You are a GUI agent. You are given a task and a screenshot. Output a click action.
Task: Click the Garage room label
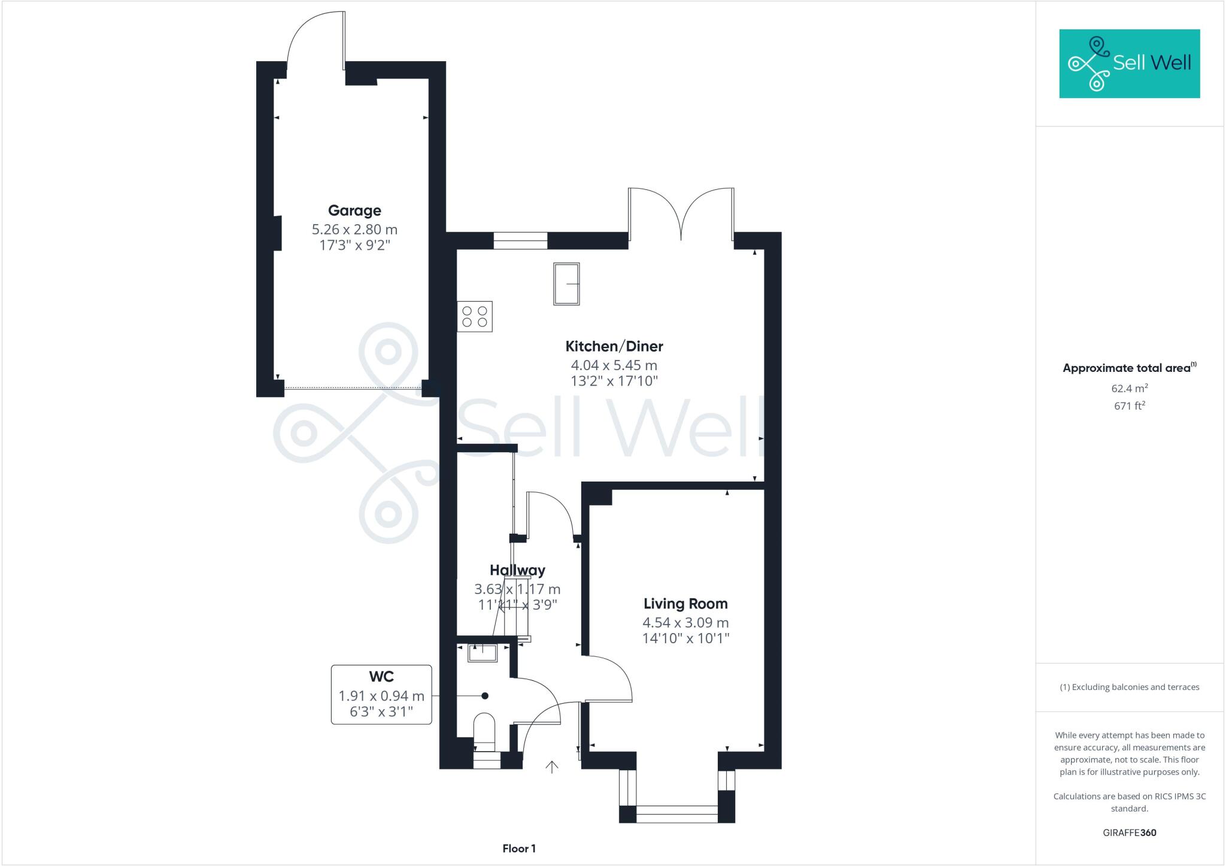(x=354, y=211)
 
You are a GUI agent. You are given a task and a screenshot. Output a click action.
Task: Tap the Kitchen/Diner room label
(x=614, y=346)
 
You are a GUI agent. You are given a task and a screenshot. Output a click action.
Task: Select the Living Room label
(x=685, y=604)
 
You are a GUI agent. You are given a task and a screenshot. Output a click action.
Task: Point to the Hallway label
(x=517, y=570)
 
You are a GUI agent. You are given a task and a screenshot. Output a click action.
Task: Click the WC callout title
(x=381, y=677)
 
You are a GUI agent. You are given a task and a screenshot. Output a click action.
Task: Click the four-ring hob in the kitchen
(x=475, y=317)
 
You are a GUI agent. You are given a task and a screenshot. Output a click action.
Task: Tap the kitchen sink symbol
(x=566, y=283)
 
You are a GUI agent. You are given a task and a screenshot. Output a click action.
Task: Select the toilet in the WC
(x=484, y=732)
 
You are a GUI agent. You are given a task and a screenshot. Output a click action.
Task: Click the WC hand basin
(x=482, y=653)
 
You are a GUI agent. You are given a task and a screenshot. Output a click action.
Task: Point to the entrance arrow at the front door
(x=551, y=767)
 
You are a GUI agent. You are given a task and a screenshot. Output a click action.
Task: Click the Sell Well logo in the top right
(x=1130, y=63)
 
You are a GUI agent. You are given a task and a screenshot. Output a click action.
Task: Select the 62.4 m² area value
(x=1130, y=388)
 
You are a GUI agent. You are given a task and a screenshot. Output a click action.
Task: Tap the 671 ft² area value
(x=1130, y=406)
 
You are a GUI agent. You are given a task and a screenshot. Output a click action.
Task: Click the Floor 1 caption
(x=519, y=849)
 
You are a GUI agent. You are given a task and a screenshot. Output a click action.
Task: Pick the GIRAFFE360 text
(x=1130, y=832)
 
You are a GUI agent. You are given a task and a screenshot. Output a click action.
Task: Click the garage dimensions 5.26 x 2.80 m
(x=354, y=229)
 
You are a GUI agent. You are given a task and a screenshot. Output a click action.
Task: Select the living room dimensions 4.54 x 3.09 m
(x=685, y=623)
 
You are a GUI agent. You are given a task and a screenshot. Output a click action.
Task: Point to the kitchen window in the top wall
(x=520, y=240)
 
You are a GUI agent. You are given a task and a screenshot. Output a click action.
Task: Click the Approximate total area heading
(x=1127, y=368)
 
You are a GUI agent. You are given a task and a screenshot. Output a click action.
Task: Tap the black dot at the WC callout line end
(x=485, y=696)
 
